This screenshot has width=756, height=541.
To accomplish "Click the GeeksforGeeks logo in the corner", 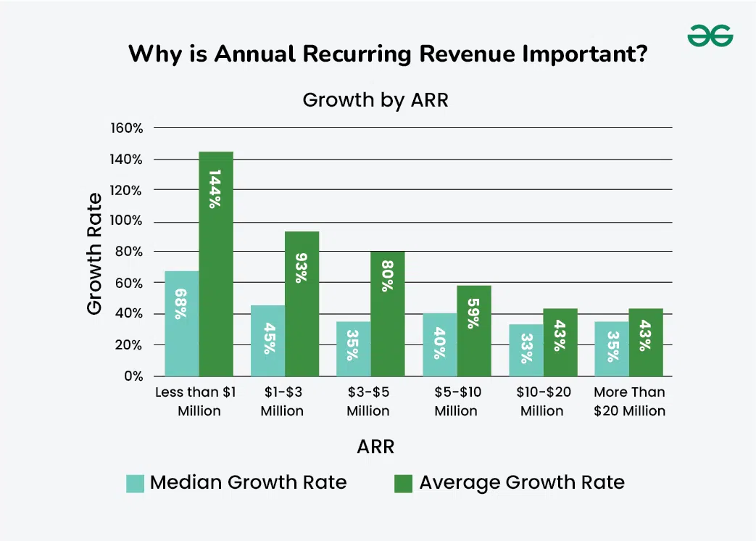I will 710,35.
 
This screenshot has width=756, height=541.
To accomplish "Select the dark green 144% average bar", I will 216,264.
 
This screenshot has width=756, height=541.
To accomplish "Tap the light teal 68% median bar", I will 181,323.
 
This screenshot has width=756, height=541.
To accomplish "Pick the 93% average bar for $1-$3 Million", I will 302,304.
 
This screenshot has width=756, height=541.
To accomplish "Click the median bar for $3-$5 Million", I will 353,349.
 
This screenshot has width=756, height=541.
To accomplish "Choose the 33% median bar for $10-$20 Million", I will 526,350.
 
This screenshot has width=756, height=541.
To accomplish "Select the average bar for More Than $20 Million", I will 646,342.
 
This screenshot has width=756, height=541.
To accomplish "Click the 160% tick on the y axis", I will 127,128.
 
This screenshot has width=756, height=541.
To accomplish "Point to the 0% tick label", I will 132,376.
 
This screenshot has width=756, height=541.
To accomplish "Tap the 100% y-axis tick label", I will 127,221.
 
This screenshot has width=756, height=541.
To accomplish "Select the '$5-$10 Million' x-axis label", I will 456,401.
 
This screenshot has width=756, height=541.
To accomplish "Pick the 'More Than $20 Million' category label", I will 629,401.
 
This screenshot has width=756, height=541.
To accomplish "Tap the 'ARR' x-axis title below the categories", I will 375,447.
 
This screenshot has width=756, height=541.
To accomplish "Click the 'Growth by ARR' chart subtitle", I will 375,100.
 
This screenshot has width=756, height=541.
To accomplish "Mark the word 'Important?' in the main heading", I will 577,54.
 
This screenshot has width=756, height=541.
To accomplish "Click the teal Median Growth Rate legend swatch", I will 136,483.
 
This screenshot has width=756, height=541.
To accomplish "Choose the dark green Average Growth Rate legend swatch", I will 402,483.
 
